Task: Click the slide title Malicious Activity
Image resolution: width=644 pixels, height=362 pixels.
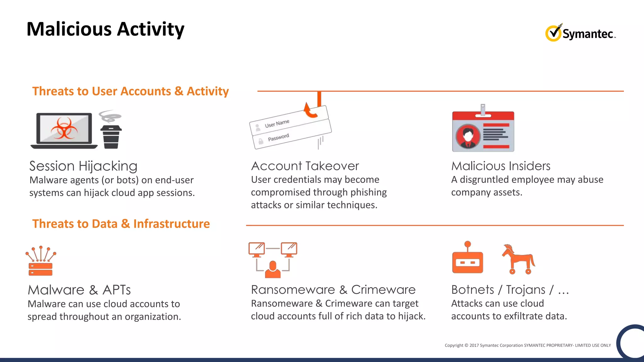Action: pyautogui.click(x=105, y=29)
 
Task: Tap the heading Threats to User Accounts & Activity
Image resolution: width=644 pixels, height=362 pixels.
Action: pyautogui.click(x=130, y=91)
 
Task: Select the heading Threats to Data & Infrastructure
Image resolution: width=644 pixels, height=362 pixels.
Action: pyautogui.click(x=121, y=224)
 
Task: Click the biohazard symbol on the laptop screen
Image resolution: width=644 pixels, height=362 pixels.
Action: pyautogui.click(x=64, y=129)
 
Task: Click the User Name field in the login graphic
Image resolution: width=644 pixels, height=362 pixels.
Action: pyautogui.click(x=277, y=123)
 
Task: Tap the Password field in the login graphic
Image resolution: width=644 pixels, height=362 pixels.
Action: pyautogui.click(x=278, y=138)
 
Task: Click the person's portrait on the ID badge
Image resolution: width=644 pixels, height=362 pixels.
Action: pyautogui.click(x=468, y=136)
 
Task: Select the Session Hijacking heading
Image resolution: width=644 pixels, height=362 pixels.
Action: pyautogui.click(x=83, y=166)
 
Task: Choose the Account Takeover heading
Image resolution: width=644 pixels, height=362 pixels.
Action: pyautogui.click(x=305, y=166)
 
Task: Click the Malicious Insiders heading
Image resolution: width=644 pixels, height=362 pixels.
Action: pyautogui.click(x=501, y=166)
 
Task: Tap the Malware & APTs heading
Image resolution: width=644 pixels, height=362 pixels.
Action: pyautogui.click(x=79, y=290)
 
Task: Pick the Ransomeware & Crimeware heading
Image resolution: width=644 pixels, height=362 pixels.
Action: pyautogui.click(x=333, y=290)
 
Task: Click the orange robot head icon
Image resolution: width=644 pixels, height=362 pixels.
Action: pyautogui.click(x=468, y=262)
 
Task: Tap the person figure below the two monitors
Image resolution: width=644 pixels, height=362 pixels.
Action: pyautogui.click(x=273, y=270)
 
